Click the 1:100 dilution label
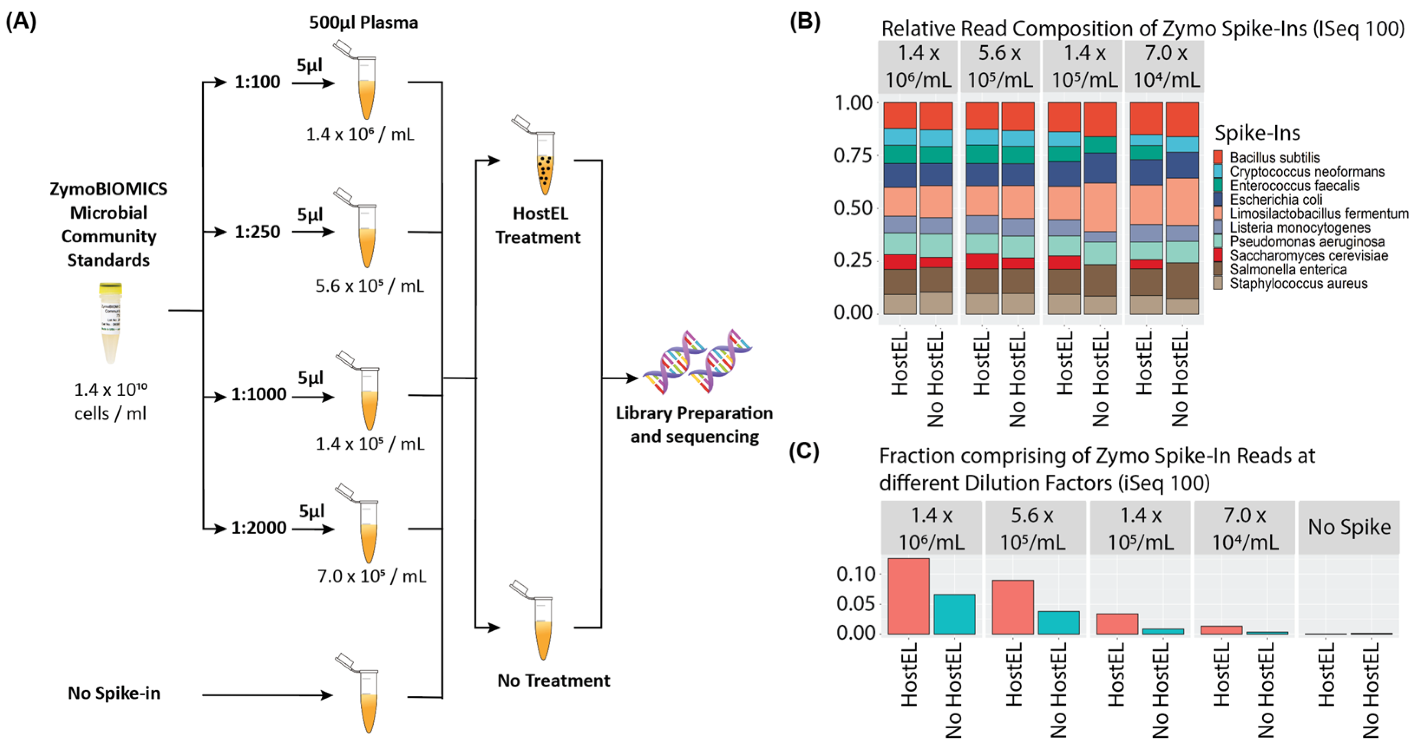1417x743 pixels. click(x=257, y=82)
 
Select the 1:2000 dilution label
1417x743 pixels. click(x=258, y=528)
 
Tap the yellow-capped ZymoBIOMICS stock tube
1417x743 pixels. click(x=110, y=322)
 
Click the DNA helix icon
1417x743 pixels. click(x=697, y=362)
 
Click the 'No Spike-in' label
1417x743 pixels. click(x=114, y=693)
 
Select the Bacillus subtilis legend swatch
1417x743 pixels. click(x=1218, y=157)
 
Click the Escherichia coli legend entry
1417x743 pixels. click(x=1276, y=200)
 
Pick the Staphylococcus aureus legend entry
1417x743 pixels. click(x=1298, y=284)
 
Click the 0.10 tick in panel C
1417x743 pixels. click(x=855, y=574)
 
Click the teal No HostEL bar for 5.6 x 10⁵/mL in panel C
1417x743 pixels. click(x=1058, y=622)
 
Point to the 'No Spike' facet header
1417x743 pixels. click(x=1349, y=527)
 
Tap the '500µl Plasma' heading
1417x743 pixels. click(x=363, y=23)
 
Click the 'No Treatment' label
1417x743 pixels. click(x=553, y=681)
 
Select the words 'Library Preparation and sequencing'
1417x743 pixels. click(x=694, y=424)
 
